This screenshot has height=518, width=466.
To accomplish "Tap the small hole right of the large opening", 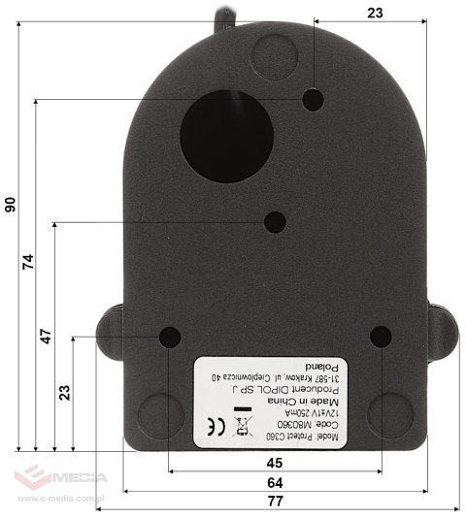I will tap(314, 99).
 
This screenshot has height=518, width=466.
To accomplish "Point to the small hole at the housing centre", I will tap(276, 222).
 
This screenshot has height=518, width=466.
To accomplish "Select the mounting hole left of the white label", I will tap(170, 338).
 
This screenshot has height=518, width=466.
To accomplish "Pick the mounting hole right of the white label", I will tap(381, 338).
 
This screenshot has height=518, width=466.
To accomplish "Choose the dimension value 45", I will tap(275, 463).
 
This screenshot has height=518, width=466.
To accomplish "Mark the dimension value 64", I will tap(275, 482).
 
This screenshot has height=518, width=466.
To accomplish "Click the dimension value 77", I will tap(275, 502).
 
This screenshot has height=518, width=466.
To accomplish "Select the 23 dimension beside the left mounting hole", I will tap(64, 392).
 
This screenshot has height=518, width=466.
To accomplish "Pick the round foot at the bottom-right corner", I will tap(389, 412).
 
